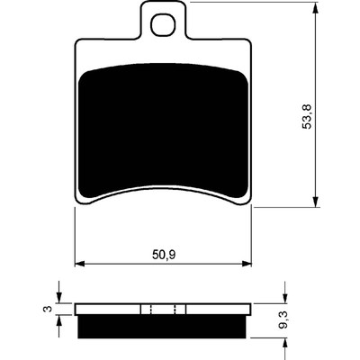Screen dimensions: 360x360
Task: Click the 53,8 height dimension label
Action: click(307, 116)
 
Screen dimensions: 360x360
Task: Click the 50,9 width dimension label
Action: click(164, 255)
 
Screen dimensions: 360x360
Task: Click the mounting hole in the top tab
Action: click(163, 24)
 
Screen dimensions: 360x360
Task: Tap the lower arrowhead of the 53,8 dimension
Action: click(316, 201)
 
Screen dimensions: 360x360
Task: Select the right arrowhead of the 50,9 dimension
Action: click(246, 264)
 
